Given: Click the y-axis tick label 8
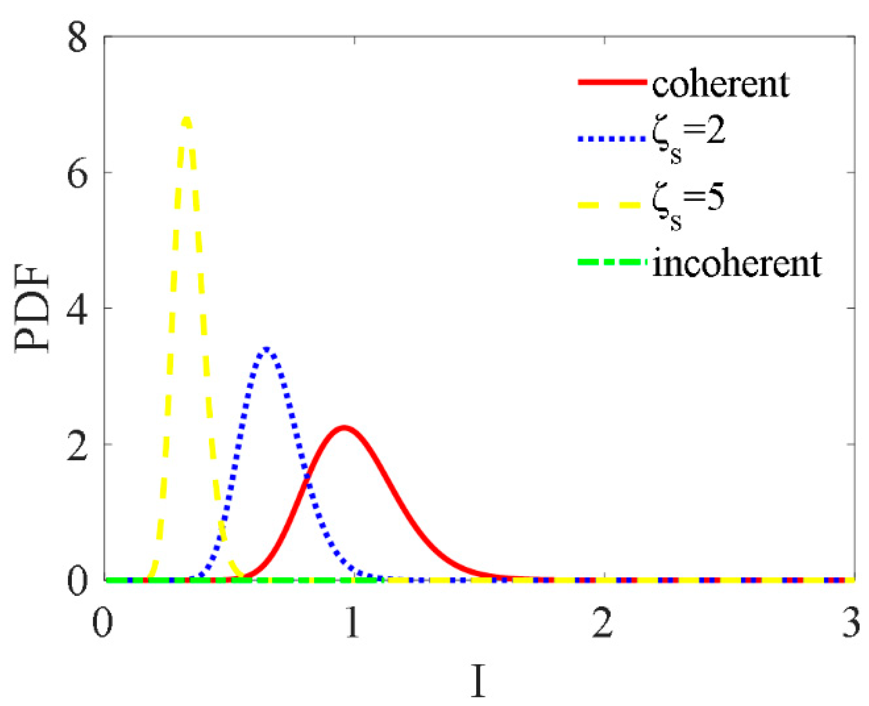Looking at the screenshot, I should tap(78, 38).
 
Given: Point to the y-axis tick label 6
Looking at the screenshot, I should tap(78, 174).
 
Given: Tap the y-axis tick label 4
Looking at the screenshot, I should tap(78, 310).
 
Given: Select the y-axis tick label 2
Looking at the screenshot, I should tap(78, 446).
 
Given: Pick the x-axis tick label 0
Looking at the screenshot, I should tap(103, 623).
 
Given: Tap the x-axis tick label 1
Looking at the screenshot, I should tap(353, 623).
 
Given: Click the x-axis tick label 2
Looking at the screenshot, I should tap(603, 623).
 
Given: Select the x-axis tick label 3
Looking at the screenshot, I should tap(851, 623).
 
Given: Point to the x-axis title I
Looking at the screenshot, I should tap(478, 681).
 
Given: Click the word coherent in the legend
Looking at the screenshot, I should tap(720, 84).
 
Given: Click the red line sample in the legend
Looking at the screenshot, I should tap(612, 82).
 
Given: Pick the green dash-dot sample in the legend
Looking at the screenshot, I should tap(612, 262).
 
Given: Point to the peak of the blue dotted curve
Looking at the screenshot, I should tap(267, 349).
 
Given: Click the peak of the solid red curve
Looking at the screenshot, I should tap(344, 428).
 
